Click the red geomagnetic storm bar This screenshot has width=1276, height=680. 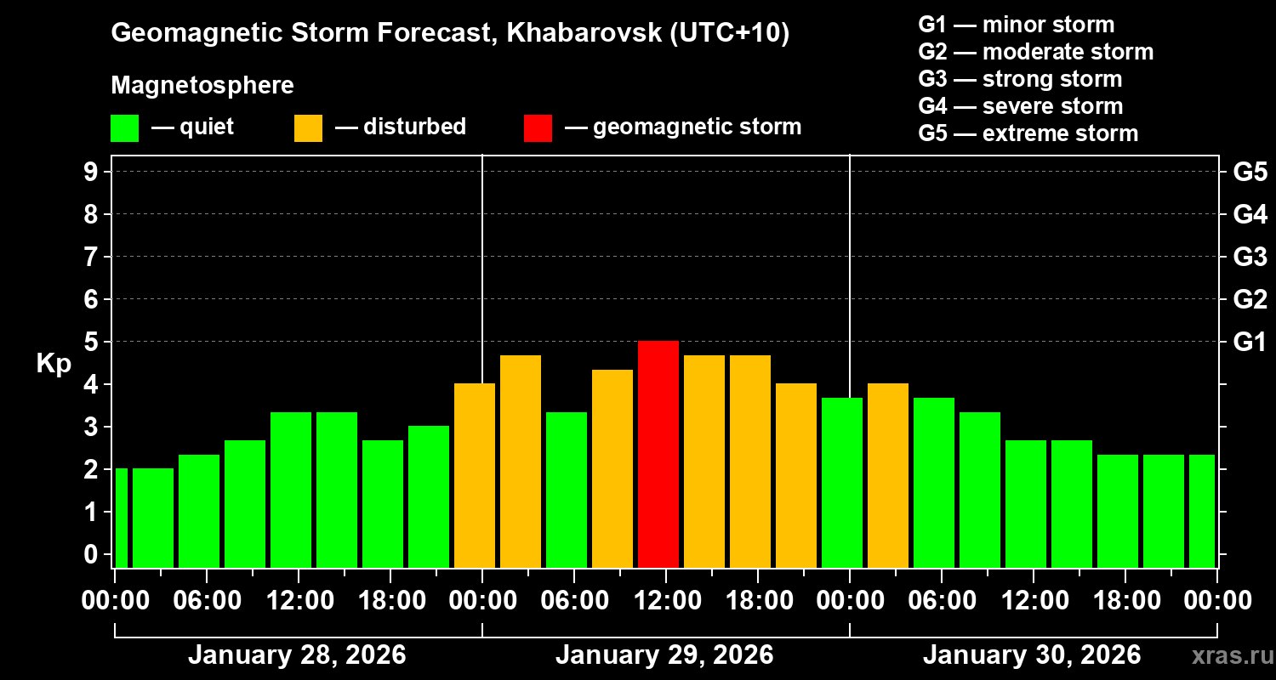(658, 454)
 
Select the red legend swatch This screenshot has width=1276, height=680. (538, 127)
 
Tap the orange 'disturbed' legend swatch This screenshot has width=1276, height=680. (308, 127)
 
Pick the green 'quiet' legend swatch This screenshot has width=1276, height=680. (124, 127)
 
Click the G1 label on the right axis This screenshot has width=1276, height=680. (1250, 342)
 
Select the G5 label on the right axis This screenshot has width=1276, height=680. (1250, 172)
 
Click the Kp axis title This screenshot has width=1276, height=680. (54, 364)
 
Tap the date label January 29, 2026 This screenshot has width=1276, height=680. (664, 655)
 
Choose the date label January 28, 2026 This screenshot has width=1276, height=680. (297, 655)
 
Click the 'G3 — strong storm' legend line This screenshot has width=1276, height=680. (1020, 79)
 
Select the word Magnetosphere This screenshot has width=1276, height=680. (202, 86)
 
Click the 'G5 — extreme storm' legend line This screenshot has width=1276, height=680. (1028, 133)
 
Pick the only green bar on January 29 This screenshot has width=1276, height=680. (567, 490)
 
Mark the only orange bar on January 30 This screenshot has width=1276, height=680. (888, 475)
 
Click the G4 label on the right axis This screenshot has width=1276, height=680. (1250, 214)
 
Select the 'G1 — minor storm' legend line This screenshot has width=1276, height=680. (1016, 25)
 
